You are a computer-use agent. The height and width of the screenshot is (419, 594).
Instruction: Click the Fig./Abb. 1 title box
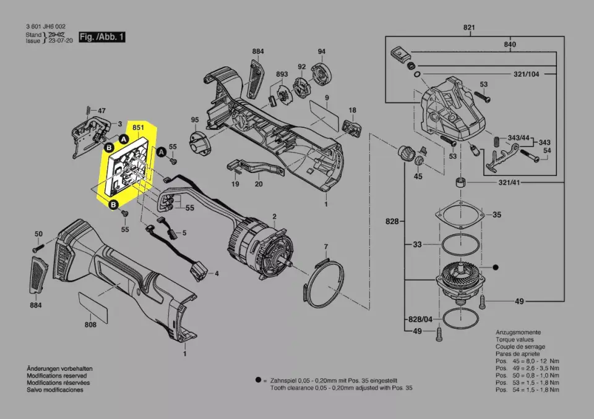click(x=102, y=38)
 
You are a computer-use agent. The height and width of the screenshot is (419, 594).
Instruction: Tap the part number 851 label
click(x=139, y=128)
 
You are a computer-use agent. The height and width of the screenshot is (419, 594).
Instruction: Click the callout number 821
click(x=468, y=28)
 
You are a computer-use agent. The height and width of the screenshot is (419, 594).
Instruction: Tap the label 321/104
click(x=526, y=74)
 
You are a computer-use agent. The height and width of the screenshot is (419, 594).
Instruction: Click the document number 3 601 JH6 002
click(x=46, y=27)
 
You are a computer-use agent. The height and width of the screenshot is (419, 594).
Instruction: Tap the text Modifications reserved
click(x=56, y=375)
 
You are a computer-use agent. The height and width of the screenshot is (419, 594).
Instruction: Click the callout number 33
click(x=417, y=245)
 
